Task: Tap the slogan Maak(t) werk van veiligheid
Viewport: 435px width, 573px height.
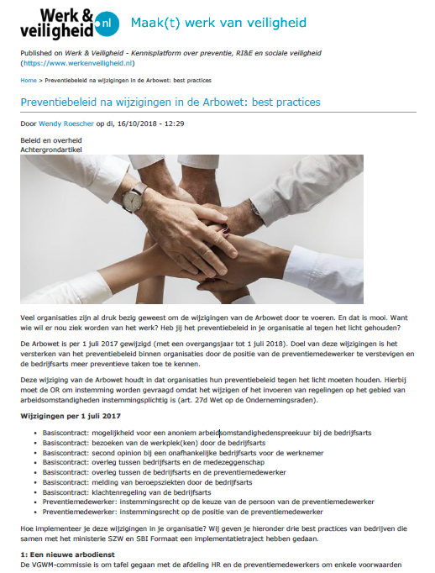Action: (x=217, y=23)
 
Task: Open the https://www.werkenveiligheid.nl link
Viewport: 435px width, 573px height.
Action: (x=78, y=63)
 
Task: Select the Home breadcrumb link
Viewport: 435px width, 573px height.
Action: (x=29, y=81)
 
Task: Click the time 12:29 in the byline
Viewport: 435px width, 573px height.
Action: (x=174, y=124)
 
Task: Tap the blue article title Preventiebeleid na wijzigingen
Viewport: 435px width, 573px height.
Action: (x=170, y=103)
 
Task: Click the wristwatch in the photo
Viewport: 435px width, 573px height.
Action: (x=133, y=198)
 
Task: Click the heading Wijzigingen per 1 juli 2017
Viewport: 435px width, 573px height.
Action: (x=71, y=416)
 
